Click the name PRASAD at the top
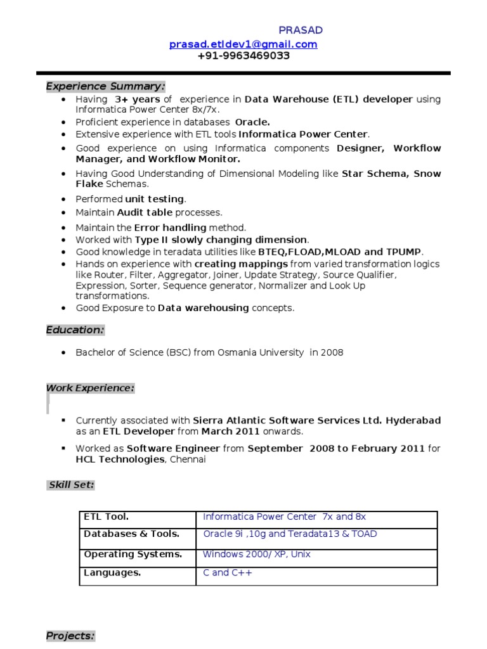tap(301, 30)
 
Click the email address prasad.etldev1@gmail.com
tap(243, 44)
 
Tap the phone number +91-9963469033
tap(243, 56)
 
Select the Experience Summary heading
tap(105, 86)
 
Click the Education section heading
tap(75, 330)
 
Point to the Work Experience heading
tap(90, 388)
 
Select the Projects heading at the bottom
tap(70, 636)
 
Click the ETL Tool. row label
tap(106, 517)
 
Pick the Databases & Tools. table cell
tap(131, 534)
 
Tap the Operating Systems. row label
tap(133, 554)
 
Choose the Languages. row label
tap(112, 572)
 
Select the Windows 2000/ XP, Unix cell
tap(256, 554)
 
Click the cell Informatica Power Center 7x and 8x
tap(284, 517)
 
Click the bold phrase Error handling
tap(170, 227)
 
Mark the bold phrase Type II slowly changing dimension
tap(221, 240)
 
